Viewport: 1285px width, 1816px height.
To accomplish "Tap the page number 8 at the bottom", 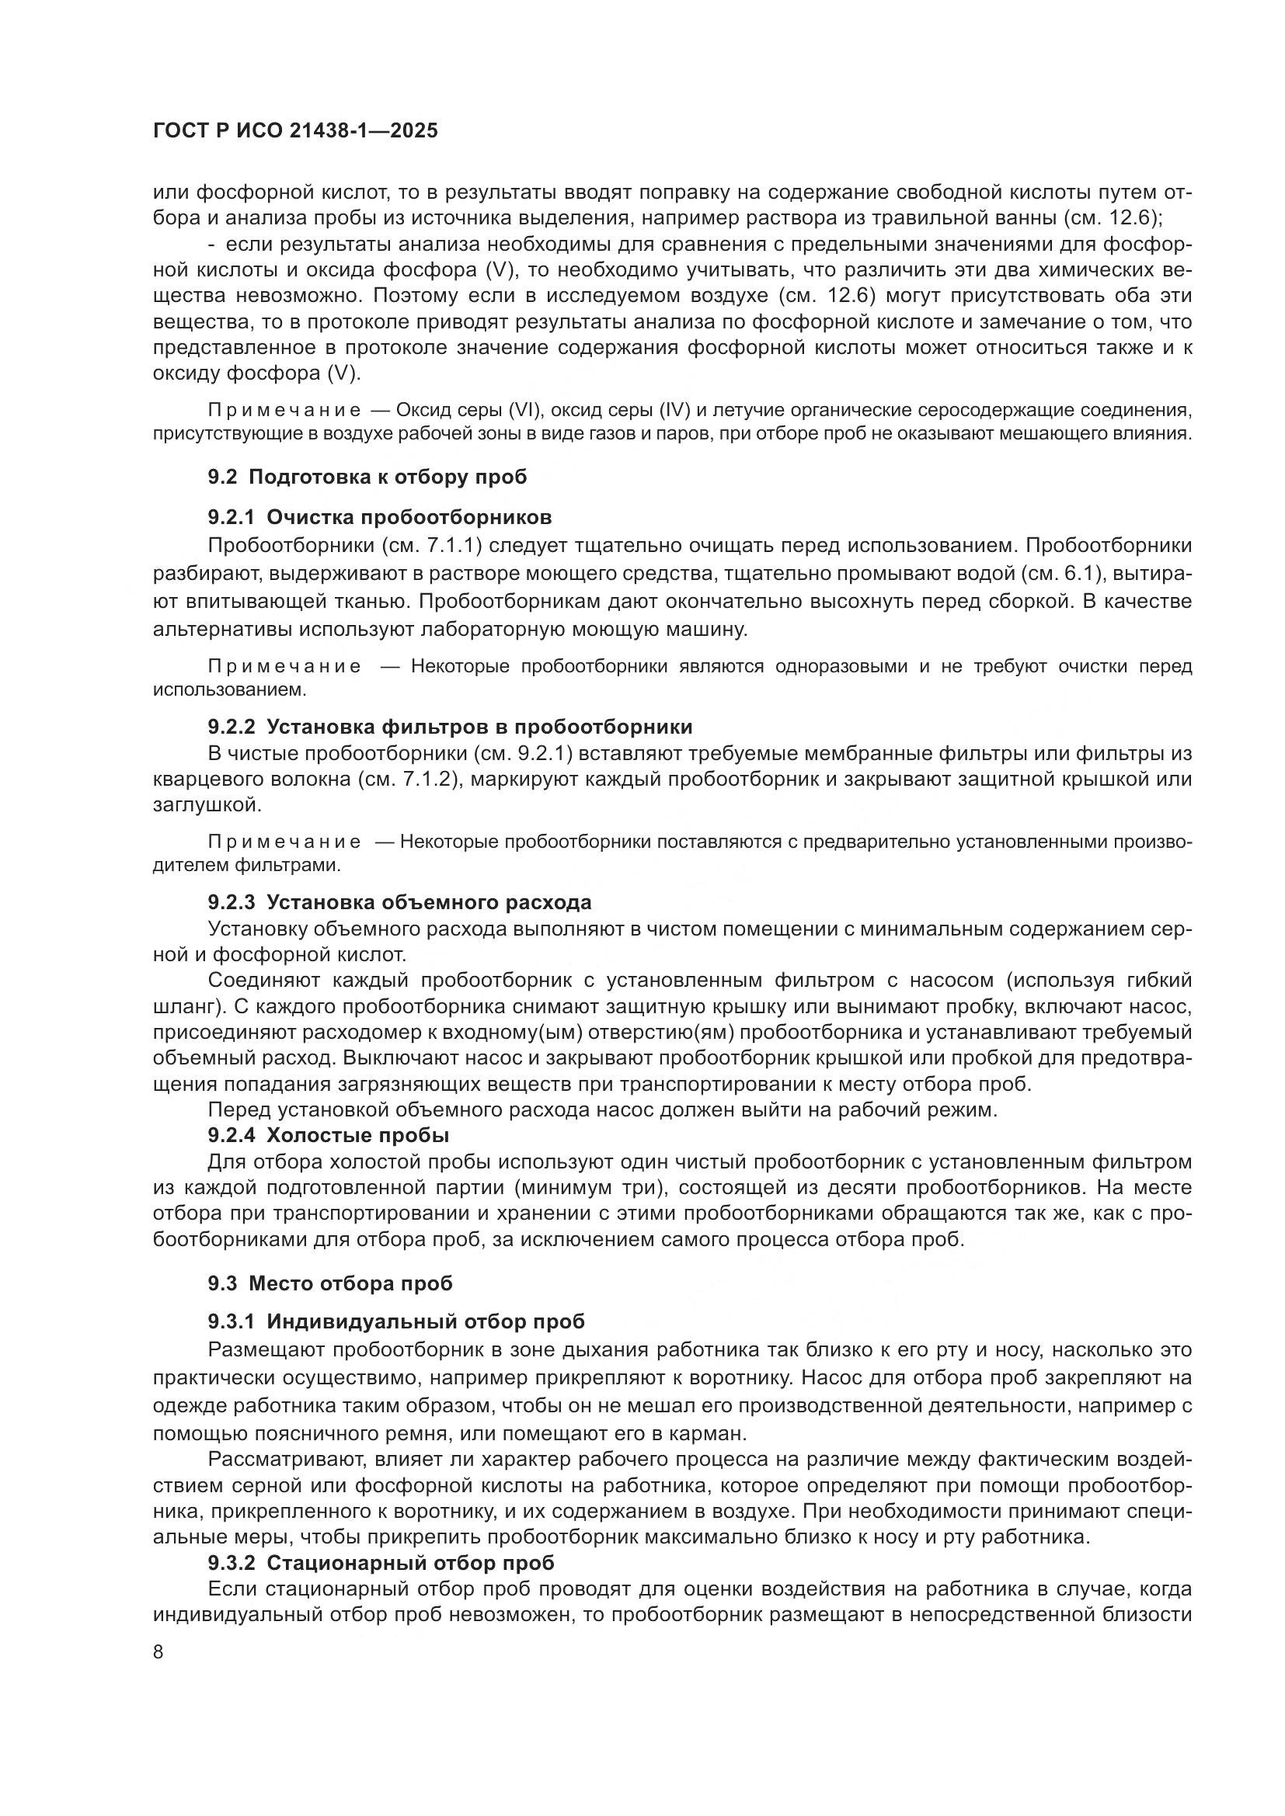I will [158, 1652].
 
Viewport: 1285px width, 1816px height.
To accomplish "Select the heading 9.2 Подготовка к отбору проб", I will [367, 477].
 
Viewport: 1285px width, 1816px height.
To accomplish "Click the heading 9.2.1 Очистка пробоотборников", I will [380, 517].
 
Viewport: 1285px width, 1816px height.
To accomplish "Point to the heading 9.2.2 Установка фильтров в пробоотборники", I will [451, 727].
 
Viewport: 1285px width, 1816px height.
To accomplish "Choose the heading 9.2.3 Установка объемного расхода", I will [399, 902].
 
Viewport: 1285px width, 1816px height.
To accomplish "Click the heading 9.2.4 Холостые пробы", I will [329, 1136].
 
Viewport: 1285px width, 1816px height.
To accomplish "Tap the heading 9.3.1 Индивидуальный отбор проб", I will [396, 1321].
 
